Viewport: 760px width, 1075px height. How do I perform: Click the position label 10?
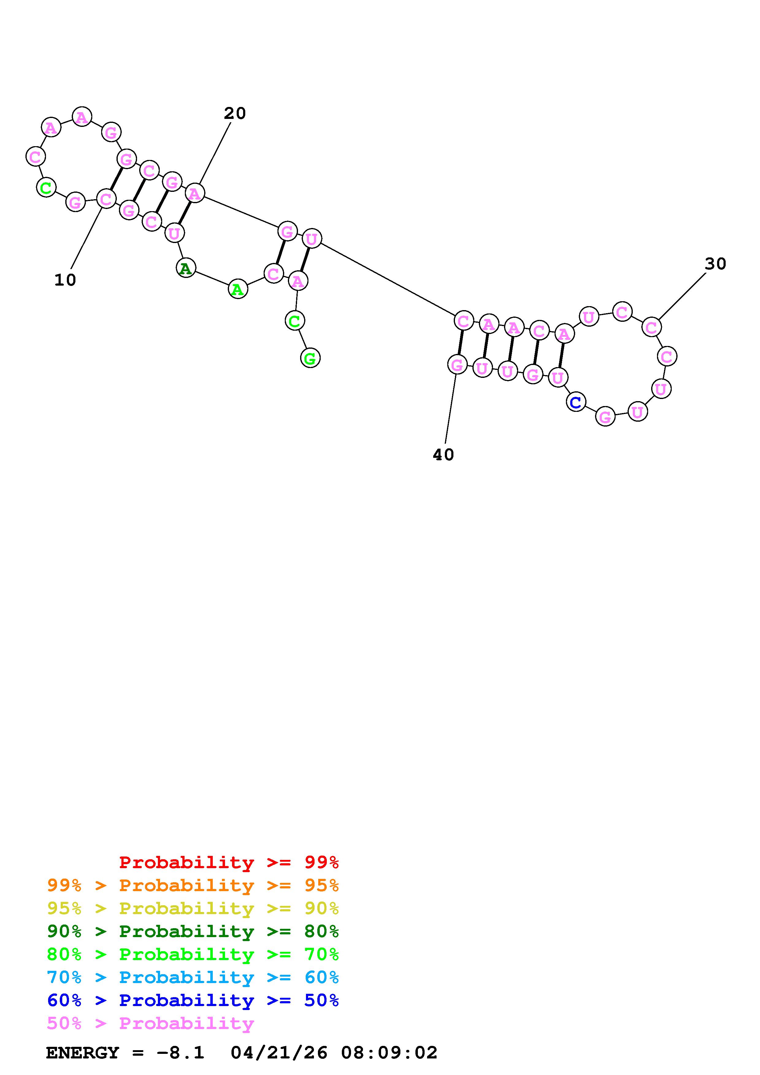tap(65, 280)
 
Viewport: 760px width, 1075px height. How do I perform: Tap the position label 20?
tap(235, 113)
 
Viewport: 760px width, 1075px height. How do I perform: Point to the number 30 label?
tap(715, 264)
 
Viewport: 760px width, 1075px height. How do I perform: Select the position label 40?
tap(443, 455)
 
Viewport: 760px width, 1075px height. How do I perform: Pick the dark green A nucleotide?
tap(186, 268)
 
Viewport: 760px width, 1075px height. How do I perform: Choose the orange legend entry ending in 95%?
tap(193, 885)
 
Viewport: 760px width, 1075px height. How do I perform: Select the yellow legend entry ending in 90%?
tap(193, 908)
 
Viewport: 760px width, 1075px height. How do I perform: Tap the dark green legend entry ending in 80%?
tap(193, 931)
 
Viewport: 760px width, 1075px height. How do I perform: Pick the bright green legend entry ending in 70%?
tap(193, 954)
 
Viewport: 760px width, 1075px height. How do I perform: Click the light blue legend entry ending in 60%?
tap(193, 977)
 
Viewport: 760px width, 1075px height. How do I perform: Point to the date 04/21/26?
tap(279, 1053)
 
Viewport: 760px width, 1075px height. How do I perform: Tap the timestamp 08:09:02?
tap(389, 1053)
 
